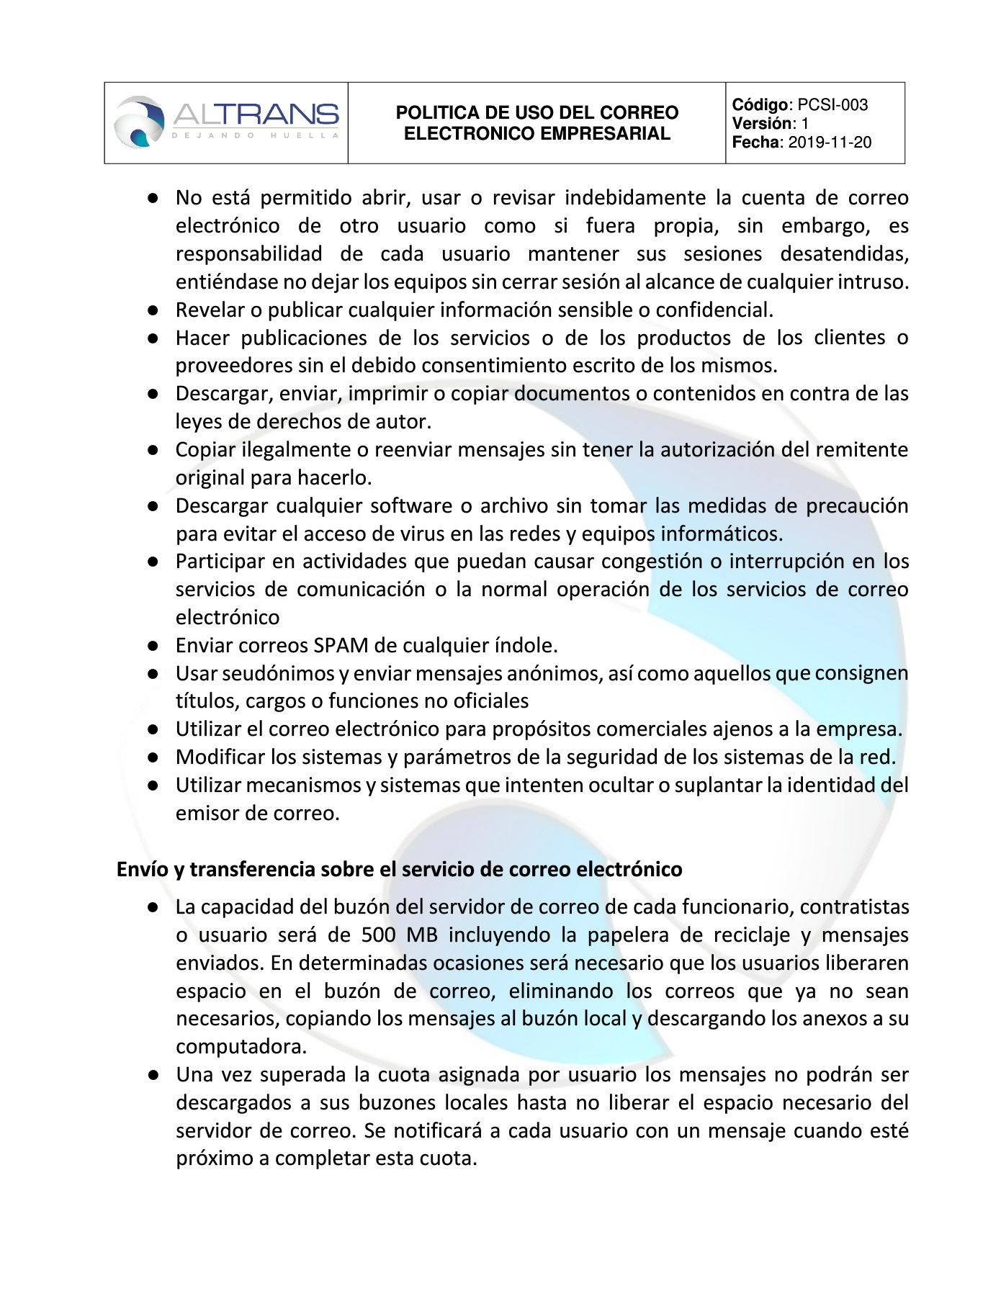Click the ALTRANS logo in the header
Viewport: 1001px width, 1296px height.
point(226,122)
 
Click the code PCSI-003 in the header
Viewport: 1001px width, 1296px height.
point(832,105)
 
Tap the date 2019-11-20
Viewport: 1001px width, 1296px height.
point(830,143)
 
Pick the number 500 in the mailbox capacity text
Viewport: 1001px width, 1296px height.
point(378,935)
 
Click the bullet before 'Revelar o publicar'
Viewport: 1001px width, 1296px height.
point(153,310)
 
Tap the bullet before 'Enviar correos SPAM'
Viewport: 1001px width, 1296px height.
point(153,646)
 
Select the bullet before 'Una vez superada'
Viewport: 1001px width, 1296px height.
point(153,1075)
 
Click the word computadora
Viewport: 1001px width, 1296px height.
point(241,1046)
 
